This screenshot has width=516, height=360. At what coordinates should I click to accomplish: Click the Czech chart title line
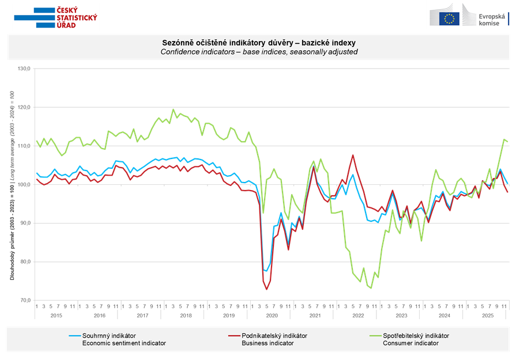pos(258,43)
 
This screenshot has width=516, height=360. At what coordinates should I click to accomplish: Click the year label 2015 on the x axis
pos(57,316)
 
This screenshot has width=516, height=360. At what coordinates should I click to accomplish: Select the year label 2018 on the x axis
pos(186,316)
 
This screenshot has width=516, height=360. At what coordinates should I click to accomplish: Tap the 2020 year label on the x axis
pos(272,316)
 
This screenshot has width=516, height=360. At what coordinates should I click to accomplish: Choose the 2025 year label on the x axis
pos(488,316)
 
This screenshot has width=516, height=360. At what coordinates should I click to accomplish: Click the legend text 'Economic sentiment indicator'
pos(124,343)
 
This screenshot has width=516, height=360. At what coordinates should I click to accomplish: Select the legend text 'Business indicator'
pos(266,343)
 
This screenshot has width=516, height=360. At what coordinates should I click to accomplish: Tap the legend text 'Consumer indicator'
pos(410,343)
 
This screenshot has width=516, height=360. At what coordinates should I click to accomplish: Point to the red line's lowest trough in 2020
pos(266,289)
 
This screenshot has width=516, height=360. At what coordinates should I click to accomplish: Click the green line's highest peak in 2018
pos(173,109)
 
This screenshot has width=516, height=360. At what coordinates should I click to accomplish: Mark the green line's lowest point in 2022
pos(371,288)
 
